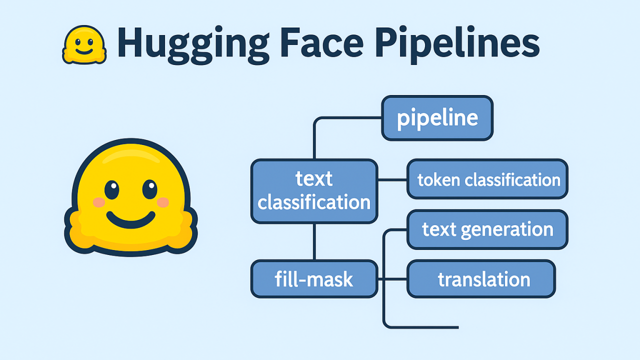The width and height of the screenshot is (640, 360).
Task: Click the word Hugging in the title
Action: (x=191, y=44)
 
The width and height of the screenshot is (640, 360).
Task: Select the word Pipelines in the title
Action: (x=457, y=44)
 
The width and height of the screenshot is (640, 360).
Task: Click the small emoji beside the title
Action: (x=84, y=45)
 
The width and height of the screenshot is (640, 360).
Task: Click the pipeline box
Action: (x=437, y=118)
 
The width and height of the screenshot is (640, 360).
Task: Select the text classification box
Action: (x=314, y=191)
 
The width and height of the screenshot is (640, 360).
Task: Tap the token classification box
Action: (x=488, y=179)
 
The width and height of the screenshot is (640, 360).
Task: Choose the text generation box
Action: (x=487, y=229)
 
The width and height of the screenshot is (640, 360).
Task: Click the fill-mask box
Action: (x=314, y=279)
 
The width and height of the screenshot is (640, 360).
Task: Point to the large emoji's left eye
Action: (x=111, y=189)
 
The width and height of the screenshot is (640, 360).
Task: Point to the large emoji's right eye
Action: (x=149, y=189)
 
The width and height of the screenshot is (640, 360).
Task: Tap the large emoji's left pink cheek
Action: (x=99, y=202)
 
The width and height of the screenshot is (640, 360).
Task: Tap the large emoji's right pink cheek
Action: (x=163, y=202)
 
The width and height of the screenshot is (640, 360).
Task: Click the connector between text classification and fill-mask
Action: (x=314, y=241)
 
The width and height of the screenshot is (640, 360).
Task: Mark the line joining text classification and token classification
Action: (x=392, y=179)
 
